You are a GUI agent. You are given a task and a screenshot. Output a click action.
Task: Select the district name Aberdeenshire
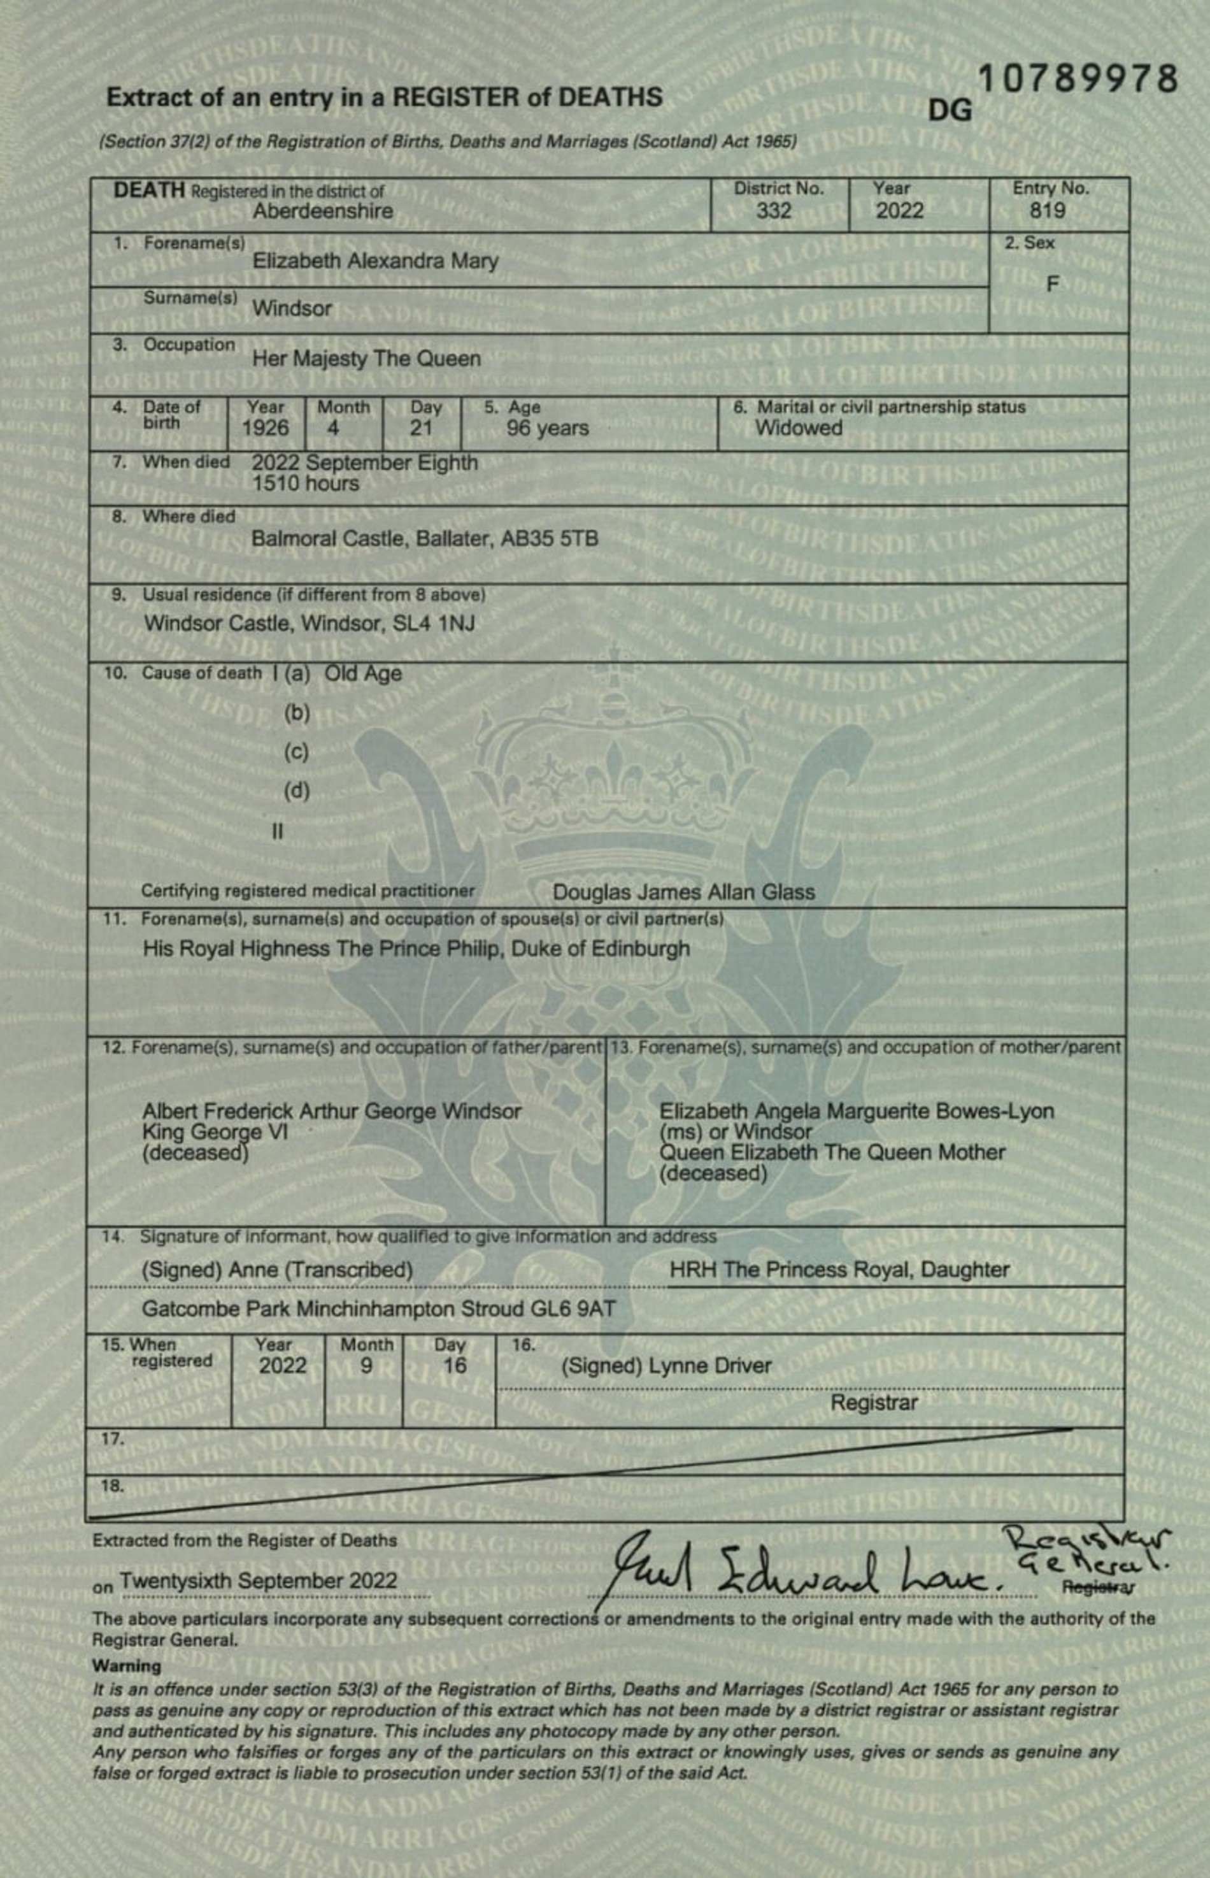[323, 211]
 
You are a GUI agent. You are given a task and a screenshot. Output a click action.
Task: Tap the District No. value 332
[773, 211]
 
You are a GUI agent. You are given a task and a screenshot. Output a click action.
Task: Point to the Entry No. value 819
[1048, 211]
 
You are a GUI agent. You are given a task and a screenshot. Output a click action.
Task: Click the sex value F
[1052, 285]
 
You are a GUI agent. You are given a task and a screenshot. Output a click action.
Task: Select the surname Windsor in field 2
[292, 309]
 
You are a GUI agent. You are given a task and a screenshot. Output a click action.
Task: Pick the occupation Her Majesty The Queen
[366, 359]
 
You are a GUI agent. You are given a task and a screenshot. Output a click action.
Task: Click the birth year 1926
[265, 428]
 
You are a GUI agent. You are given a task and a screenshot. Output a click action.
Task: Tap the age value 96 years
[547, 428]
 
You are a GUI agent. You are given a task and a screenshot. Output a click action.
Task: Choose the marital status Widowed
[799, 428]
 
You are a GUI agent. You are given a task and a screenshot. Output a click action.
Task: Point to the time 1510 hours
[305, 484]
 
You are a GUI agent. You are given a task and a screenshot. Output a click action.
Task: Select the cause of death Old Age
[363, 673]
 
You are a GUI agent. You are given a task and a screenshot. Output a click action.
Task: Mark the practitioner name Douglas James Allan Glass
[683, 892]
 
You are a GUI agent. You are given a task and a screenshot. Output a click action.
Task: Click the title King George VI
[215, 1132]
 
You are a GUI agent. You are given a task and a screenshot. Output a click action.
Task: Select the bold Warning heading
[127, 1666]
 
